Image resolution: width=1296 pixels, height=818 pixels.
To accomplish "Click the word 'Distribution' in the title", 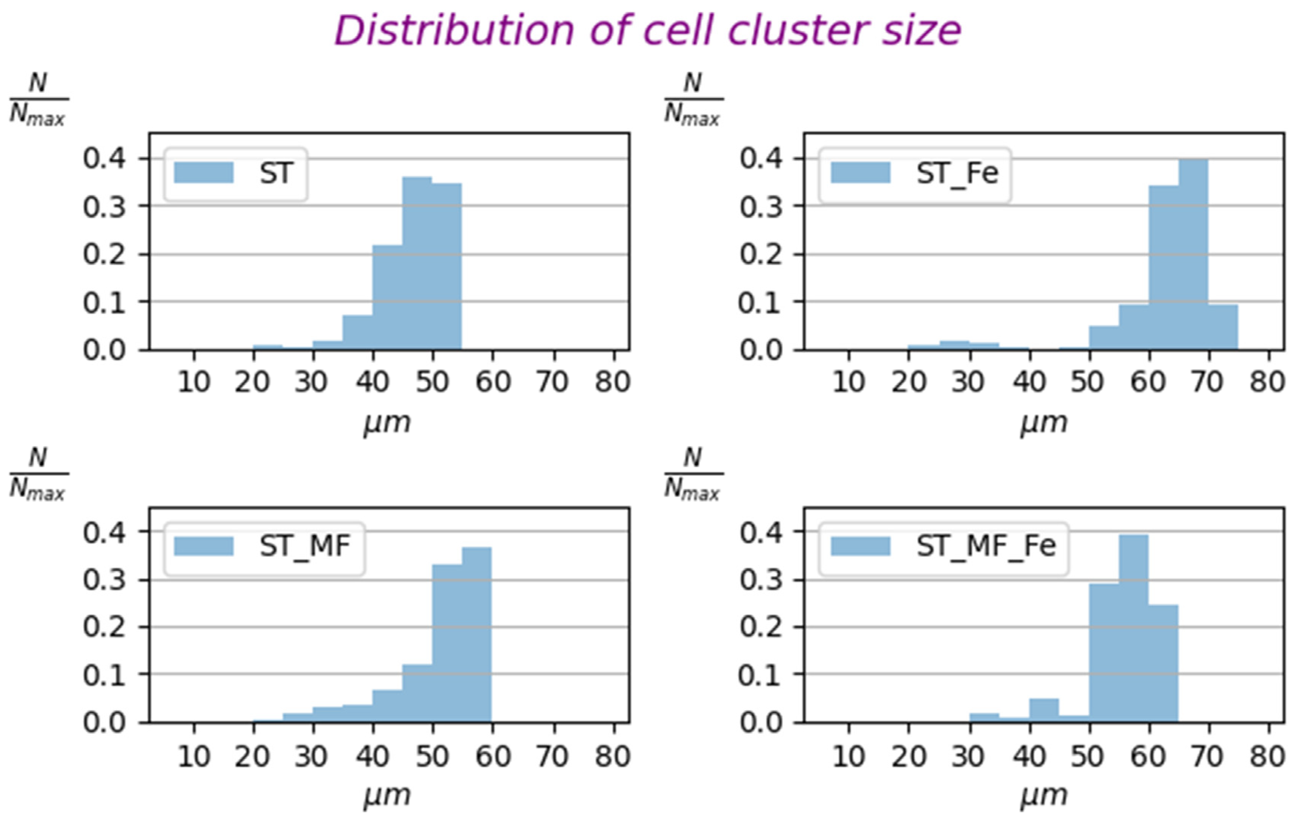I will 455,31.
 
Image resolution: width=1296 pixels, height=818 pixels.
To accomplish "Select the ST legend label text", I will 276,173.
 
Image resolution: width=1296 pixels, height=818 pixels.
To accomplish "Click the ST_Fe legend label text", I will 957,173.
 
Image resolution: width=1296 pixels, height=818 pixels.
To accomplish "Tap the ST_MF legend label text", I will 305,546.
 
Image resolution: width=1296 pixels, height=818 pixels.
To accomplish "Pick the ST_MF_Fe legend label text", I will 986,546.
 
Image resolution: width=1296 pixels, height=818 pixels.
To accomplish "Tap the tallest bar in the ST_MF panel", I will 476,635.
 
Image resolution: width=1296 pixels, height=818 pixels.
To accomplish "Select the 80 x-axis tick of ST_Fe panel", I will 1268,382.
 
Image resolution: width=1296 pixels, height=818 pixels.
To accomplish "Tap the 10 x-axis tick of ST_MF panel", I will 194,757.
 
